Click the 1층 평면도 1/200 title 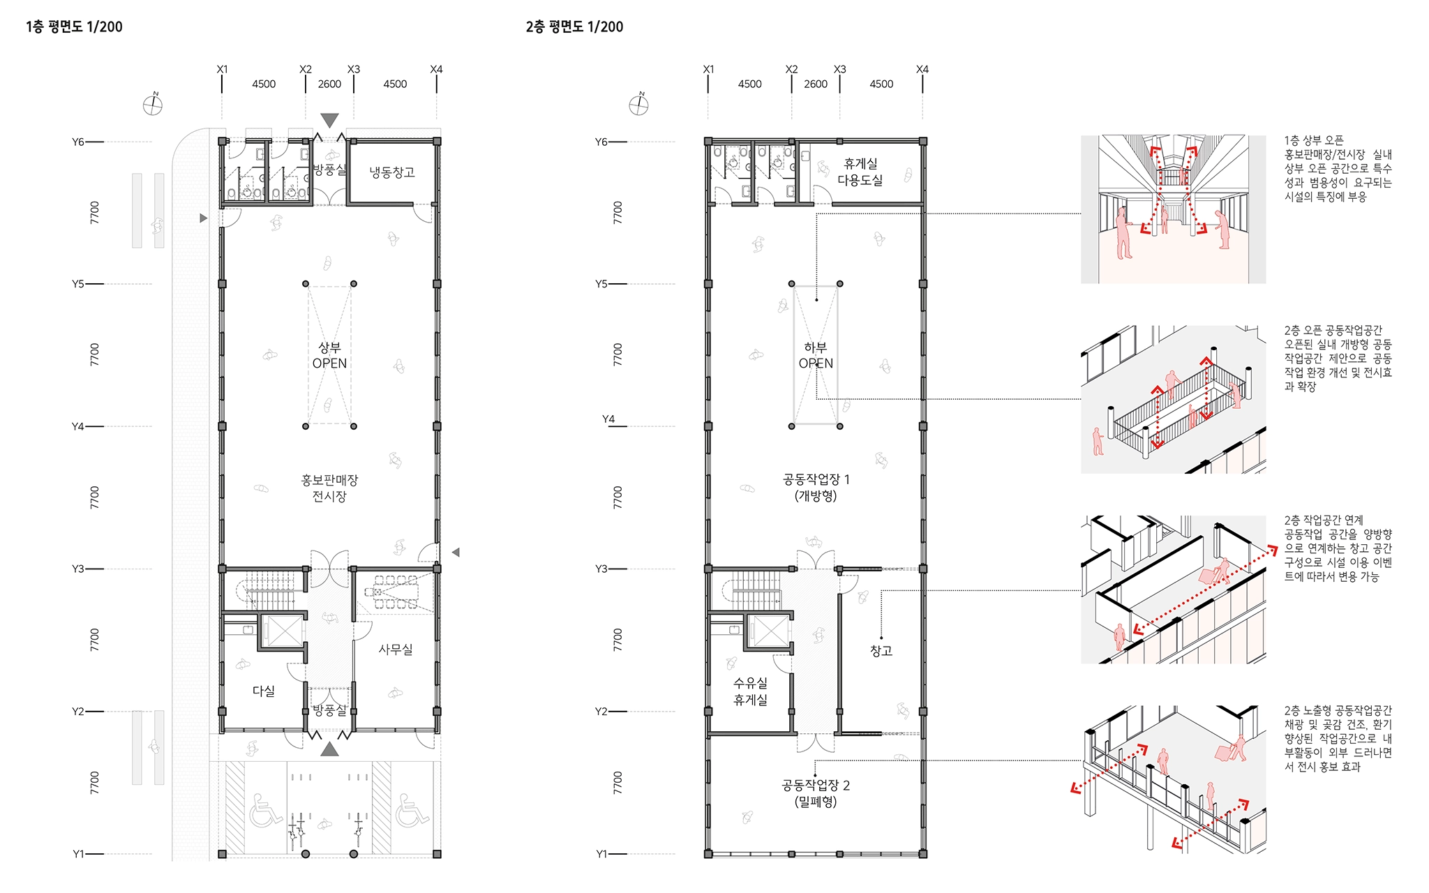point(74,27)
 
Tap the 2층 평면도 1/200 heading point(574,27)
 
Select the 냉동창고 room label point(392,172)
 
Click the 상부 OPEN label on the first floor point(329,355)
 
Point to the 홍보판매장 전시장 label point(329,488)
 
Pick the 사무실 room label point(396,650)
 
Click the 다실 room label point(264,691)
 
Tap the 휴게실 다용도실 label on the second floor point(860,172)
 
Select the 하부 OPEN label point(816,355)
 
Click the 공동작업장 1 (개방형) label point(816,488)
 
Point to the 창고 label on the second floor point(881,651)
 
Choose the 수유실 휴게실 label point(751,691)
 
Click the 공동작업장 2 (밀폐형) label point(816,793)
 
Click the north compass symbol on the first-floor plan point(153,105)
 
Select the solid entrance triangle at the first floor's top point(329,121)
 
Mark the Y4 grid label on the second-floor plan point(608,419)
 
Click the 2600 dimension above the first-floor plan point(329,84)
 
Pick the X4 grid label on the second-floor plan point(922,69)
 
